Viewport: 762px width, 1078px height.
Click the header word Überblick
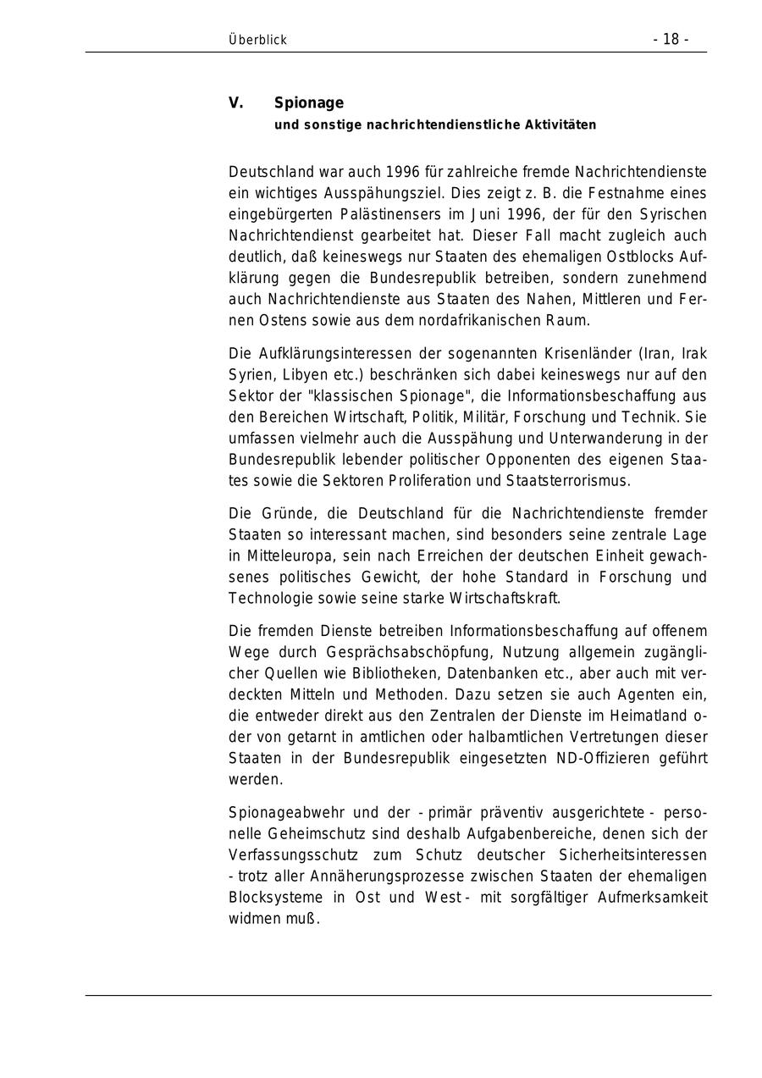(x=257, y=40)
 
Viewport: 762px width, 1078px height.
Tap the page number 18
(x=671, y=39)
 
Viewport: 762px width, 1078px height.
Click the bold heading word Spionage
(x=308, y=103)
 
